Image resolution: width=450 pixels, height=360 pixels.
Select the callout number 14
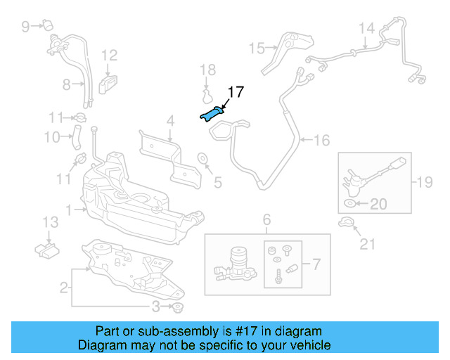click(x=366, y=29)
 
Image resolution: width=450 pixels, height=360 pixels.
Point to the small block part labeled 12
click(x=107, y=84)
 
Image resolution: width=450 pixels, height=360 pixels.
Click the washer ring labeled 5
click(x=202, y=157)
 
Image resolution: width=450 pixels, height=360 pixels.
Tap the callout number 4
click(x=169, y=122)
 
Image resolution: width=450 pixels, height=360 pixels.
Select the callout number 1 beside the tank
click(x=68, y=210)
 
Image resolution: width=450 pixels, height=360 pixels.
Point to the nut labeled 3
click(x=178, y=308)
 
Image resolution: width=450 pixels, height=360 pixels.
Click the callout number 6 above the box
click(x=266, y=221)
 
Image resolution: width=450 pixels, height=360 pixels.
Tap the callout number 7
click(x=316, y=265)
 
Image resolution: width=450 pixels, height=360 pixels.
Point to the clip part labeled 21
click(x=345, y=224)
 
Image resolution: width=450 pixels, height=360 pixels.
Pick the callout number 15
click(x=256, y=48)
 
